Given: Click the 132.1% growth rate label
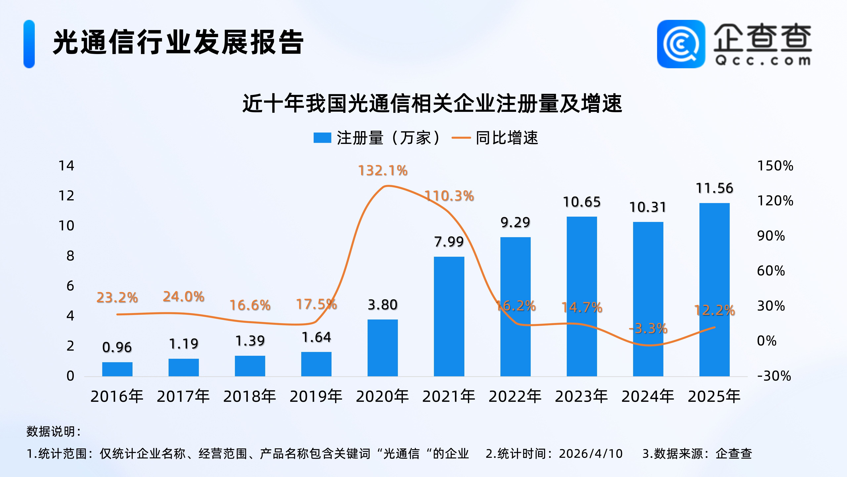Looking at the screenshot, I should [383, 171].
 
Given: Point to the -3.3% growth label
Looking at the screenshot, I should [648, 329].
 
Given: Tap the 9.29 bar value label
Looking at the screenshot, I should [515, 223].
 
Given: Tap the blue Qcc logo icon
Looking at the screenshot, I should [681, 44].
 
